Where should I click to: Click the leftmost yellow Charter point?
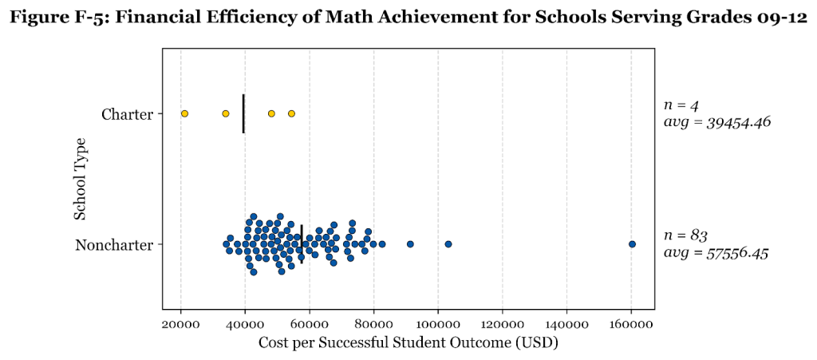[184, 114]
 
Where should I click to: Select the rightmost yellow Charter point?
[291, 114]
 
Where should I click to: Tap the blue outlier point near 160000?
[632, 244]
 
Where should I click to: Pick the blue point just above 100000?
[448, 244]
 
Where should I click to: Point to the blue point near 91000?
[410, 244]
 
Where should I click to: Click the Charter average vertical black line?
[243, 114]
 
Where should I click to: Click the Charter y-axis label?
[127, 115]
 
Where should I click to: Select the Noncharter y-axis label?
[114, 245]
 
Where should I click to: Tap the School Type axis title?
[81, 179]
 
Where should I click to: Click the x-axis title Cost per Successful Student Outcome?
[408, 342]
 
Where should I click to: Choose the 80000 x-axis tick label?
[374, 325]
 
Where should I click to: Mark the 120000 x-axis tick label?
[503, 325]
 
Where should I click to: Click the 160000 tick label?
[631, 325]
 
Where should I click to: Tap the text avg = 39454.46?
[716, 123]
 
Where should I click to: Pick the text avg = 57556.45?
[716, 253]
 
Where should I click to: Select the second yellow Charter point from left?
[226, 114]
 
